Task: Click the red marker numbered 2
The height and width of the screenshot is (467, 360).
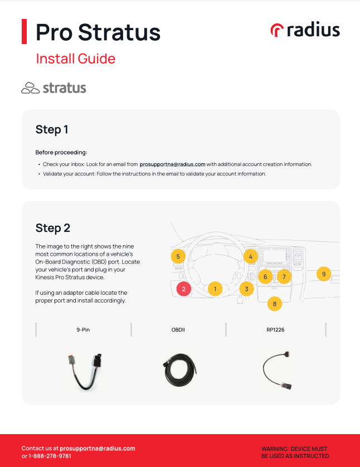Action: tap(184, 289)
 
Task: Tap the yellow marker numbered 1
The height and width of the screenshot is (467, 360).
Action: tap(215, 289)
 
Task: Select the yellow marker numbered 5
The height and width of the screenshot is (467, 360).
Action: tap(178, 256)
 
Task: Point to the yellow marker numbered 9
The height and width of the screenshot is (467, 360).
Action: tap(323, 274)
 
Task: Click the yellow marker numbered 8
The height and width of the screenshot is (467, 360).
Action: tap(274, 304)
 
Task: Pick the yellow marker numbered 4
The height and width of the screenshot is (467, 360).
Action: tap(251, 256)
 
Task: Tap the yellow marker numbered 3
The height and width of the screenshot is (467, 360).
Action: tap(246, 289)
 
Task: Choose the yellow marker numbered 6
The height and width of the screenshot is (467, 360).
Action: tap(265, 276)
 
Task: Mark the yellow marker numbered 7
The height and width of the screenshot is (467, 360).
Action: tap(284, 276)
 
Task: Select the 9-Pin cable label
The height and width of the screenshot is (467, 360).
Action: tap(83, 330)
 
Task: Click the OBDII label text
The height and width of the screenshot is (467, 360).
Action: tap(178, 330)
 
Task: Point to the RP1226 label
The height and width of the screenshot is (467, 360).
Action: tap(275, 330)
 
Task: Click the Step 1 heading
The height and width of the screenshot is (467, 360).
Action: tap(52, 130)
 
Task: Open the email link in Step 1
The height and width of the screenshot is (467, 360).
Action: tap(172, 164)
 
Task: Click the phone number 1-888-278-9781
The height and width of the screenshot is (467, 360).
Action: tap(50, 456)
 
